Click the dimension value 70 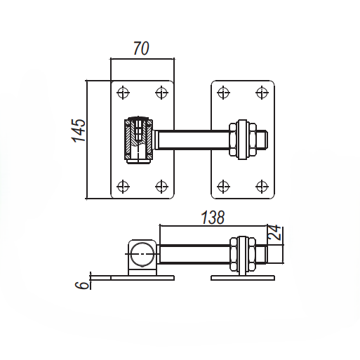tap(142, 48)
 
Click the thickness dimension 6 tap(83, 284)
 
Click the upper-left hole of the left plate tap(124, 91)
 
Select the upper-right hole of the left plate tap(161, 91)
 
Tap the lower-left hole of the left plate tap(124, 186)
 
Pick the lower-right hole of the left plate tap(161, 186)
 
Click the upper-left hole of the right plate tap(223, 91)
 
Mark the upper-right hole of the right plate tap(261, 91)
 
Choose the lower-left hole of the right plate tap(223, 186)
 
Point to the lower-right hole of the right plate tap(261, 186)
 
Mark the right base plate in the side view tap(243, 278)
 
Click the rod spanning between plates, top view tap(193, 139)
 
